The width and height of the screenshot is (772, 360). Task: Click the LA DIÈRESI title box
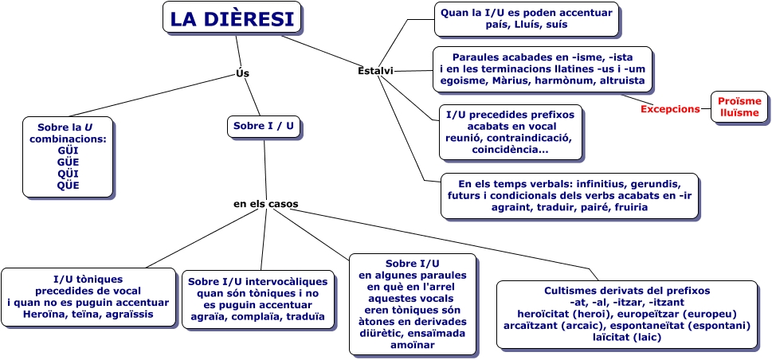[x=232, y=18]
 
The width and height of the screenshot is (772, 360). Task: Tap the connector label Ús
[x=243, y=73]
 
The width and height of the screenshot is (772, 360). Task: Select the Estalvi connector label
[x=375, y=71]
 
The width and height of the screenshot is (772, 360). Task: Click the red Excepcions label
[x=670, y=109]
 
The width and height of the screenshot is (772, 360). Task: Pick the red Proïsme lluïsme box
[x=739, y=107]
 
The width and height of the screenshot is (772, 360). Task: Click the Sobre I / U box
[x=265, y=126]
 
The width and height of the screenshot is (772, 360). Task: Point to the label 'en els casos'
[x=265, y=204]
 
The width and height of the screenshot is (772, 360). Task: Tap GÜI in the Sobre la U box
[x=69, y=150]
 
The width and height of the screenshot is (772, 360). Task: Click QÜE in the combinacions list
[x=69, y=186]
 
